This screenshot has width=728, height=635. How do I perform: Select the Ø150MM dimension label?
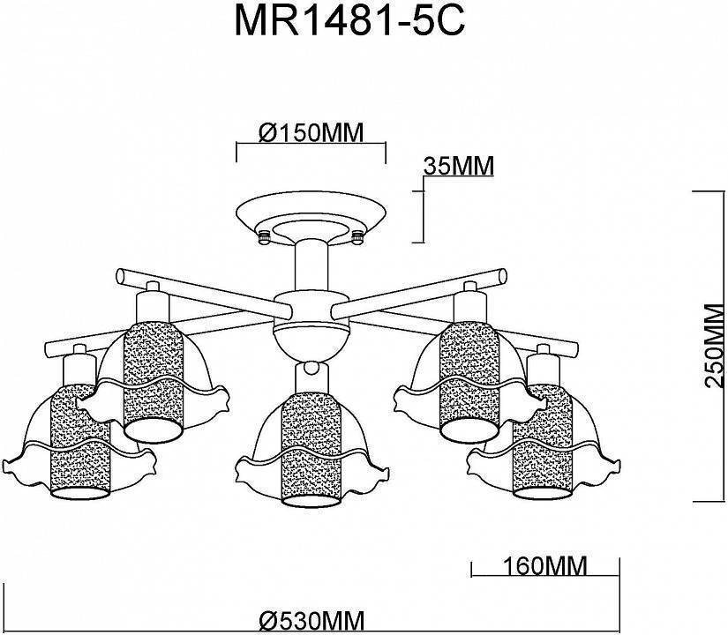(311, 132)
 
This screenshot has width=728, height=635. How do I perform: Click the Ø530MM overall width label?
(306, 620)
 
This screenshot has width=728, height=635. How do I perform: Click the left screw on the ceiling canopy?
(262, 235)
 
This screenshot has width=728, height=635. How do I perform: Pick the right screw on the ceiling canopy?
(357, 235)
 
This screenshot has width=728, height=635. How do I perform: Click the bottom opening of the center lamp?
(308, 501)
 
